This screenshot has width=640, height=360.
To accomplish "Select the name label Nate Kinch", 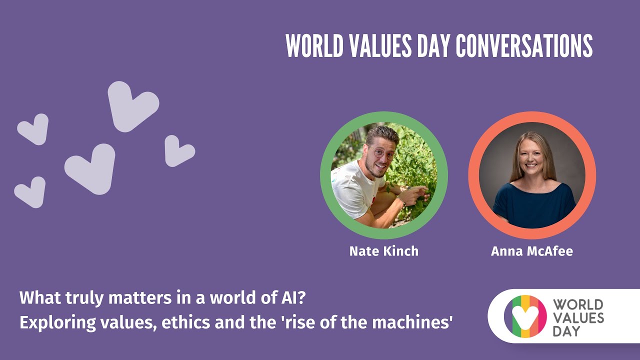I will click(x=383, y=251).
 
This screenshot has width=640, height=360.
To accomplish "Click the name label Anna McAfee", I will click(x=531, y=251).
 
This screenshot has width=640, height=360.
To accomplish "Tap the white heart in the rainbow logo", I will click(x=525, y=315).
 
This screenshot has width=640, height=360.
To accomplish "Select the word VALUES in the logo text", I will click(x=578, y=317).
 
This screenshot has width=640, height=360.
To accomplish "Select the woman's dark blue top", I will click(x=533, y=205).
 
